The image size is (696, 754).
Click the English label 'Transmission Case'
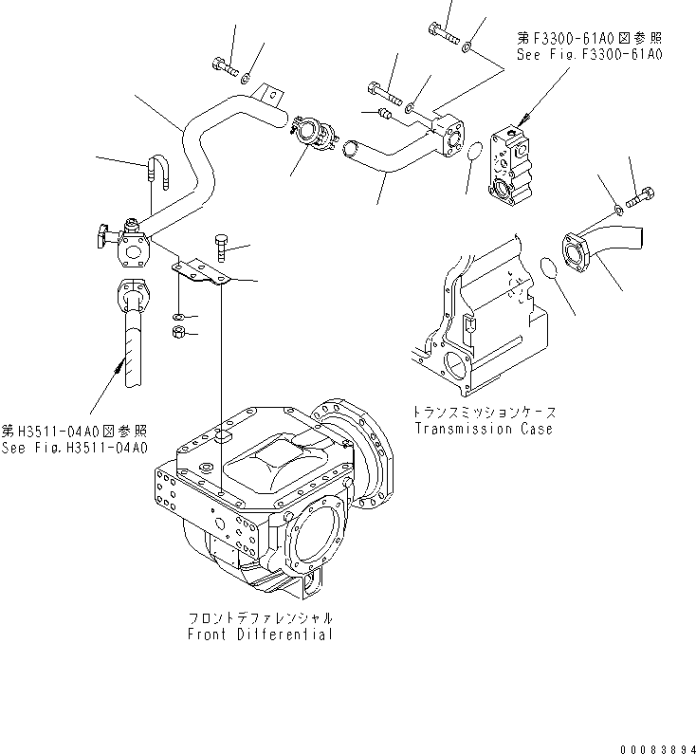tap(484, 428)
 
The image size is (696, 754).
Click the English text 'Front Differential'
tap(260, 634)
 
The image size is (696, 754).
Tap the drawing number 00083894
tap(653, 745)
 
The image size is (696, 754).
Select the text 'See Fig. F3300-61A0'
tap(589, 55)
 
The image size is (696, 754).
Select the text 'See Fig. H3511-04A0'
tap(75, 448)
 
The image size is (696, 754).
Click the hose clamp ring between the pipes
tap(310, 129)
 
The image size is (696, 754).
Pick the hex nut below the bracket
tap(177, 331)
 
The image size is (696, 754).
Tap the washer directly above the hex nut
tap(177, 315)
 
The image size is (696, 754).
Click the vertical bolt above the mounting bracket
tap(220, 248)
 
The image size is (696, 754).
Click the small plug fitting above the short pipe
tap(383, 115)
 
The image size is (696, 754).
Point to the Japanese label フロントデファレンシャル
tap(260, 617)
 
